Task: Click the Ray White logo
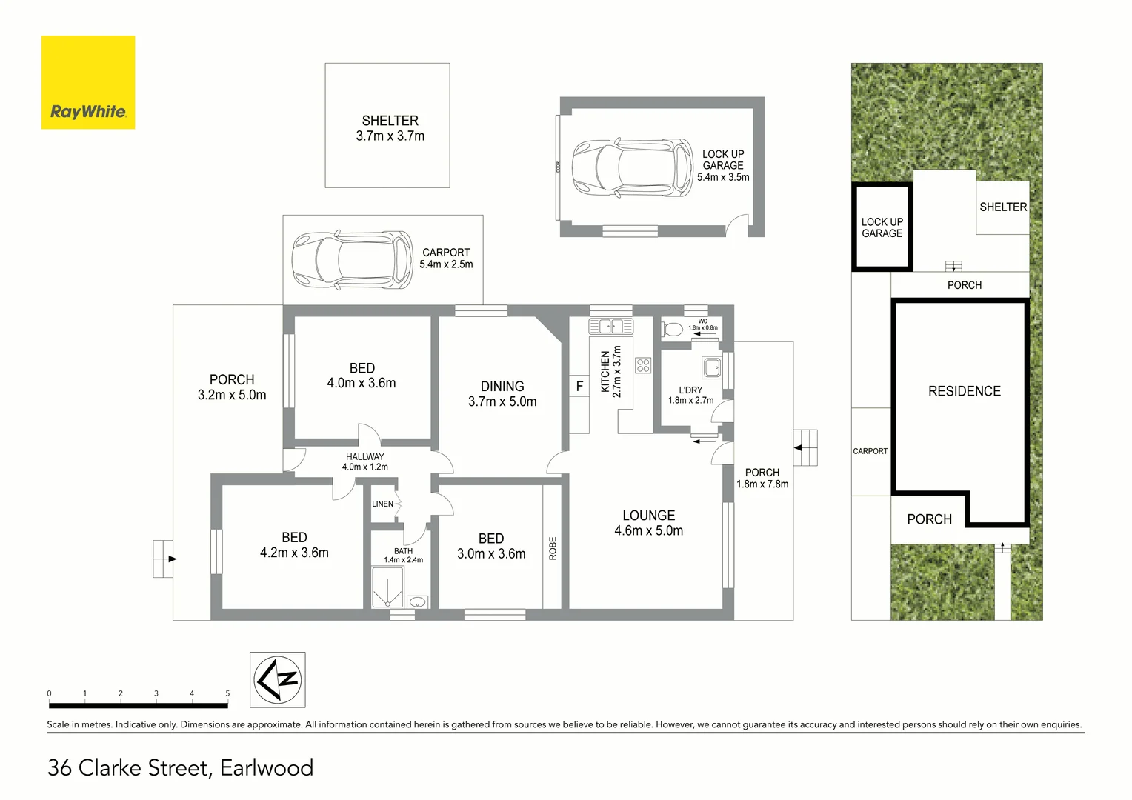click(x=88, y=82)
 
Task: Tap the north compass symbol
click(x=277, y=679)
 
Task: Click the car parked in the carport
click(x=352, y=260)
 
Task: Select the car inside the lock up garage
click(x=632, y=167)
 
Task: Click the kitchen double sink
click(x=610, y=326)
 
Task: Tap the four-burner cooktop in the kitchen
click(x=643, y=364)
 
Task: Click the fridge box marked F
click(x=579, y=386)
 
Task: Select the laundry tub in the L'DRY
click(x=712, y=367)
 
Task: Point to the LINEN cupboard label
click(x=382, y=504)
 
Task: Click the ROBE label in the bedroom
click(x=553, y=547)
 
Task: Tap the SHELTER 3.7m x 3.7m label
click(x=390, y=128)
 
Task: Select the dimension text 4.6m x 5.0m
click(x=648, y=531)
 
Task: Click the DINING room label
click(x=502, y=386)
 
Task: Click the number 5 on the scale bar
click(x=227, y=693)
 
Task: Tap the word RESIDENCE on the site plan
click(x=964, y=391)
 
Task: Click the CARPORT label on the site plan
click(x=870, y=451)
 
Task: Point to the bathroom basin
click(x=418, y=602)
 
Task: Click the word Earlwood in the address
click(x=267, y=767)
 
